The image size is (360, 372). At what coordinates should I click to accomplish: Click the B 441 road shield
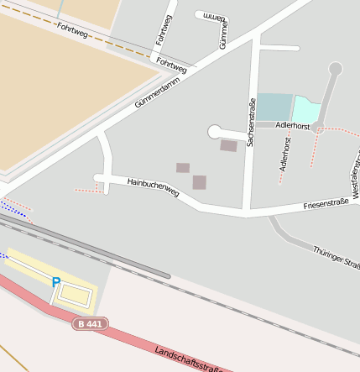[x=90, y=323]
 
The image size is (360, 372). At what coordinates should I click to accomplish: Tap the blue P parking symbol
[x=56, y=283]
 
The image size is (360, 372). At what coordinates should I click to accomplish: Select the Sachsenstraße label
[x=251, y=122]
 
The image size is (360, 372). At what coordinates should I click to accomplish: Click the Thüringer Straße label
[x=336, y=257]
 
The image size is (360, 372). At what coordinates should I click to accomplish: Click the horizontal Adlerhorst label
[x=293, y=126]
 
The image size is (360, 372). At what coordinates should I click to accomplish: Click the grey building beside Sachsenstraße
[x=228, y=146]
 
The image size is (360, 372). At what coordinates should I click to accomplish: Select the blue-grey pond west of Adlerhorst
[x=274, y=107]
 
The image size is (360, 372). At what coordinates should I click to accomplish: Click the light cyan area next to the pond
[x=306, y=108]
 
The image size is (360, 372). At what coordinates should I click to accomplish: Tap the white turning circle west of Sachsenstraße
[x=215, y=132]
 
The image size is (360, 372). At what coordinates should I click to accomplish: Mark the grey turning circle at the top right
[x=336, y=69]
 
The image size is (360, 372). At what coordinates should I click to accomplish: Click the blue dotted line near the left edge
[x=12, y=207]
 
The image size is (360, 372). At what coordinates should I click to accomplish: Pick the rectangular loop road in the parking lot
[x=76, y=295]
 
